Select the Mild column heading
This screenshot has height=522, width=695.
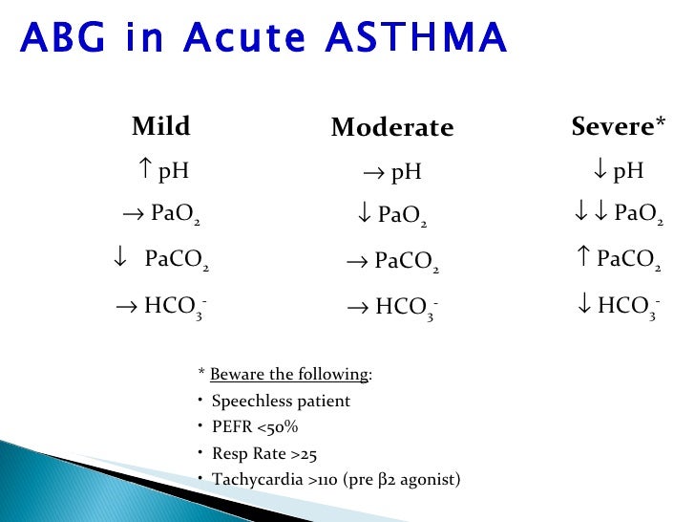(160, 126)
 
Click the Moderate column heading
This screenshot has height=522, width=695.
(391, 128)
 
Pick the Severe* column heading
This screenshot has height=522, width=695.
(618, 126)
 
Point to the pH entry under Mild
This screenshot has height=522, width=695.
(161, 171)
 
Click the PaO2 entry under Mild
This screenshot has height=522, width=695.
(161, 214)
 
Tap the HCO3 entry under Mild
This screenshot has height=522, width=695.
(161, 307)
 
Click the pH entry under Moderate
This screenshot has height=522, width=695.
(391, 172)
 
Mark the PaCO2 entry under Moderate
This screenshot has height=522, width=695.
(391, 261)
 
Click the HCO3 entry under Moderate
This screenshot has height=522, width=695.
(391, 308)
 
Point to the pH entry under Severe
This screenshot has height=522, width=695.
(618, 171)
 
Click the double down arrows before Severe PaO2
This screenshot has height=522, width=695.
(587, 213)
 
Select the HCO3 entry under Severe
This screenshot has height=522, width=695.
(618, 307)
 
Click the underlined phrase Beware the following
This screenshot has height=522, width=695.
(289, 374)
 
